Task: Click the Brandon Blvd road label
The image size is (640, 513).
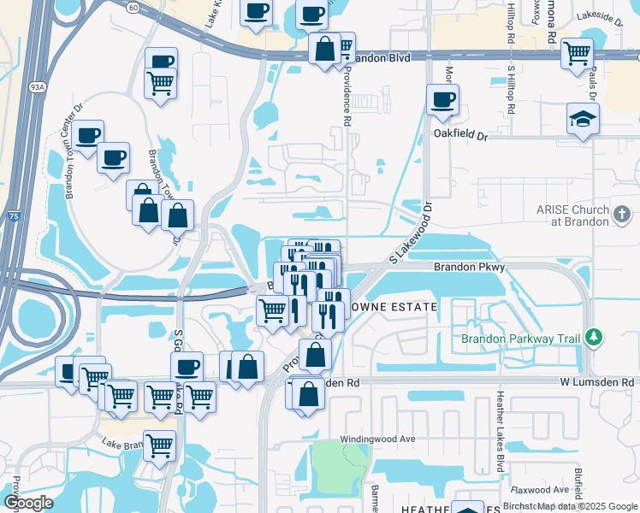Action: [381, 57]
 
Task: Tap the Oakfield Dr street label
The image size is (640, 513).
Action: [459, 135]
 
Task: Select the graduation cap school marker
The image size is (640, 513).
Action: [583, 119]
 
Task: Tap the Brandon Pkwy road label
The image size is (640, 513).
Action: [470, 268]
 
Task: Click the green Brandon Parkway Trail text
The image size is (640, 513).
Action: [520, 339]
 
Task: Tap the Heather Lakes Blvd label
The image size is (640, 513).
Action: [500, 432]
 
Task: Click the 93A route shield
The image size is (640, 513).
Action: [38, 86]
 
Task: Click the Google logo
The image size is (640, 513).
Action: [28, 503]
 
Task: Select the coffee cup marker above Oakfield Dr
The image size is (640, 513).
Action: [442, 100]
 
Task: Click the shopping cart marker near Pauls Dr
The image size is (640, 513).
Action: [577, 53]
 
